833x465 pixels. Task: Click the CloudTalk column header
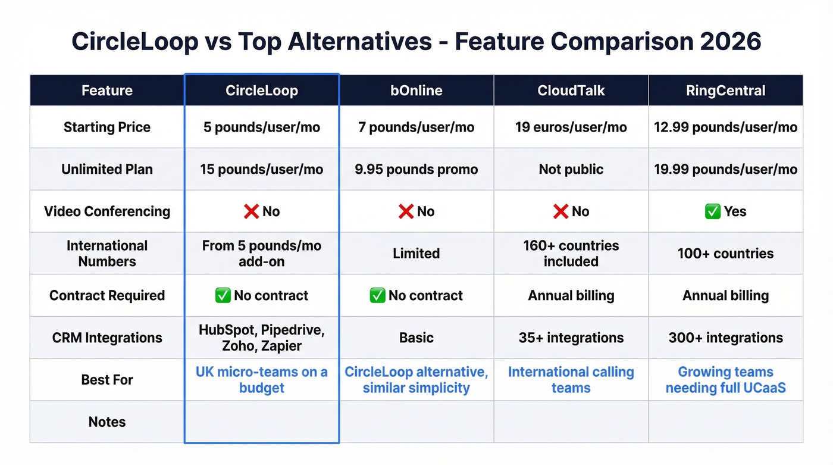[x=571, y=90]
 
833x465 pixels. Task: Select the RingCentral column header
[x=725, y=90]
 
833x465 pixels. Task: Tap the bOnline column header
[x=416, y=90]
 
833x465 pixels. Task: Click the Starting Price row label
[x=107, y=127]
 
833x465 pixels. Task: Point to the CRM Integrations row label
[x=107, y=338]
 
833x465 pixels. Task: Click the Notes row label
[x=107, y=422]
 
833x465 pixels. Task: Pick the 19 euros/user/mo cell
[x=571, y=127]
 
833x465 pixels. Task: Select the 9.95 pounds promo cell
[x=416, y=169]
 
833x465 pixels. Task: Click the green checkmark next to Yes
[x=712, y=211]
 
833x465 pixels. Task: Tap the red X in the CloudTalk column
[x=560, y=211]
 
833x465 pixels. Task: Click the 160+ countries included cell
[x=571, y=254]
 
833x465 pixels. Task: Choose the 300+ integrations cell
[x=725, y=338]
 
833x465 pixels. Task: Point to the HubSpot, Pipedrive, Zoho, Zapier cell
[x=261, y=338]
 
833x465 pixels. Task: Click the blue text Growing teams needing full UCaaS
[x=725, y=380]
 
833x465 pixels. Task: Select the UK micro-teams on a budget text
[x=261, y=380]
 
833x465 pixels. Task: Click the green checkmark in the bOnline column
[x=377, y=295]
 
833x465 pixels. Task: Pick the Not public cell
[x=571, y=169]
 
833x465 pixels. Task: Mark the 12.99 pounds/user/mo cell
[x=725, y=127]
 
